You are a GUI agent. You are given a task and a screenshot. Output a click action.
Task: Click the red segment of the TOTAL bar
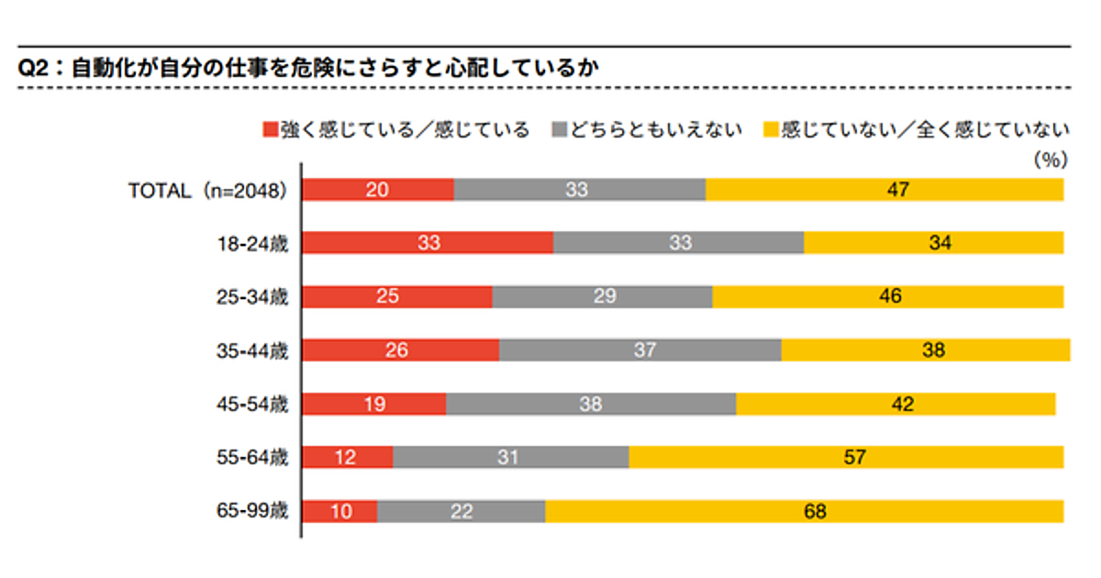click(378, 190)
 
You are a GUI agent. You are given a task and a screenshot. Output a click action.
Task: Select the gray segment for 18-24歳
click(678, 243)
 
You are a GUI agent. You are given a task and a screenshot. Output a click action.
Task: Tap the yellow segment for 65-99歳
click(804, 511)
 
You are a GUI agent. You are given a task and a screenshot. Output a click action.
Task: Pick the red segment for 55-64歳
click(348, 457)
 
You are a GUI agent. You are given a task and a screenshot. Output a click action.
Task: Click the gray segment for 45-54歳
click(591, 404)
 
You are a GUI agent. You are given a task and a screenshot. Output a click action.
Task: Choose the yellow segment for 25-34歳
click(887, 297)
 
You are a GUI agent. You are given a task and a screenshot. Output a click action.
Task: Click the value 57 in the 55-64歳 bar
click(854, 457)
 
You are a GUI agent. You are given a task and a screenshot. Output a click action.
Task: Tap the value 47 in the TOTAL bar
click(897, 190)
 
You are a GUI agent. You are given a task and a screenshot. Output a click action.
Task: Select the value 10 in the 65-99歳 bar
click(339, 511)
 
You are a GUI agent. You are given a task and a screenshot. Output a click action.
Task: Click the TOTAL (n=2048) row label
click(208, 191)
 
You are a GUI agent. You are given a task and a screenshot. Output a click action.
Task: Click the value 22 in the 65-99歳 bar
click(461, 511)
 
